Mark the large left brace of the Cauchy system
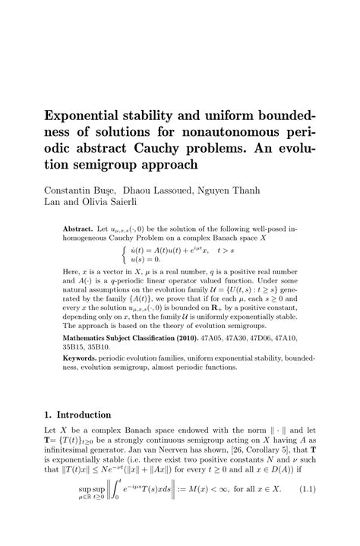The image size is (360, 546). [x=124, y=253]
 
